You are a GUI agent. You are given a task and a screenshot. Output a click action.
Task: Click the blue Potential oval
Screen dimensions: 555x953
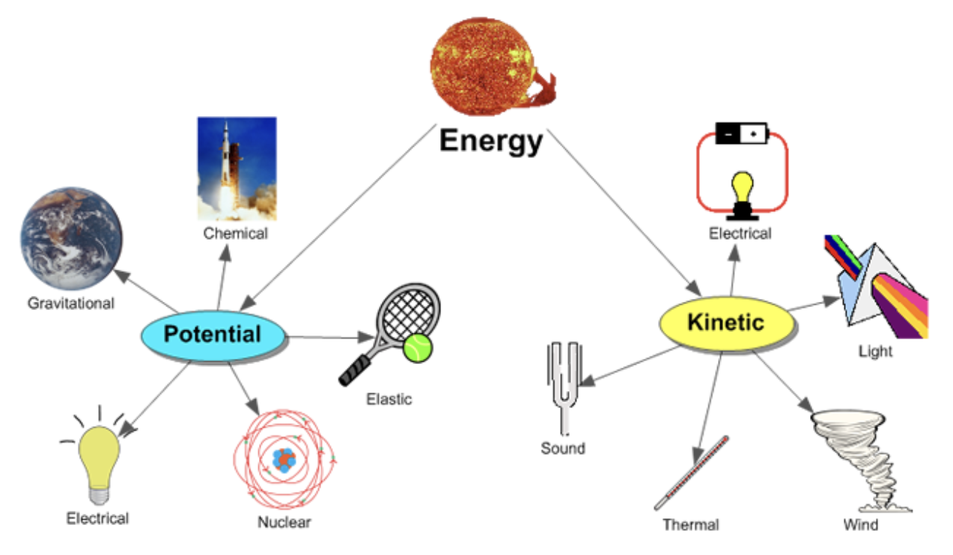point(213,335)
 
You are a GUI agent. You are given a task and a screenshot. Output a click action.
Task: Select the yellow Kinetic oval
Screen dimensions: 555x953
point(725,323)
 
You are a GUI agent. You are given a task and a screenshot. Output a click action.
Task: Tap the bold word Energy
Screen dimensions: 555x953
point(490,141)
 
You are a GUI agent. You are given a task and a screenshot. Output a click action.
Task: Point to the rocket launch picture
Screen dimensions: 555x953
point(237,168)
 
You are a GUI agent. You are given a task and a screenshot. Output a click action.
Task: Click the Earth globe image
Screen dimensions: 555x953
point(71,238)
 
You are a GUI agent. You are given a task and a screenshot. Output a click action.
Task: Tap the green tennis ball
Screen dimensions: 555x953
point(417,348)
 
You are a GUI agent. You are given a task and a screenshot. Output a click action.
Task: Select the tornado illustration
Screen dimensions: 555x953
point(859,458)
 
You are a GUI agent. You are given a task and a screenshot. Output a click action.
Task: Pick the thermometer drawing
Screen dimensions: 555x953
point(691,473)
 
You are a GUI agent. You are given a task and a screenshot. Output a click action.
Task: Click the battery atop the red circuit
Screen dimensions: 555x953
point(742,133)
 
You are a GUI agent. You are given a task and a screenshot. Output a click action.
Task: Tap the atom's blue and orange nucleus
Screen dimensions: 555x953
point(284,459)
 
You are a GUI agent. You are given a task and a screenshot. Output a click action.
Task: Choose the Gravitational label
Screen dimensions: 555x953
point(71,303)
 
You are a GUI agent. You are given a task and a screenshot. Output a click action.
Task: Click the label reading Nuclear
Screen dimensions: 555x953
point(284,522)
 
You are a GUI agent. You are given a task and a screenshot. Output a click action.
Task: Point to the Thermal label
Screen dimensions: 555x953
point(690,524)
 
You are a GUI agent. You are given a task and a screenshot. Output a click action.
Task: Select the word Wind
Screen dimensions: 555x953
point(860,524)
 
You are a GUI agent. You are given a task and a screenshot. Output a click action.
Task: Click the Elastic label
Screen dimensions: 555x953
point(389,399)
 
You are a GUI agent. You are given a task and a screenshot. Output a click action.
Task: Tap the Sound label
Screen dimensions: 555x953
point(563,449)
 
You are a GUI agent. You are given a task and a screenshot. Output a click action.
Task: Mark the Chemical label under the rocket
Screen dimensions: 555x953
point(235,234)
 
